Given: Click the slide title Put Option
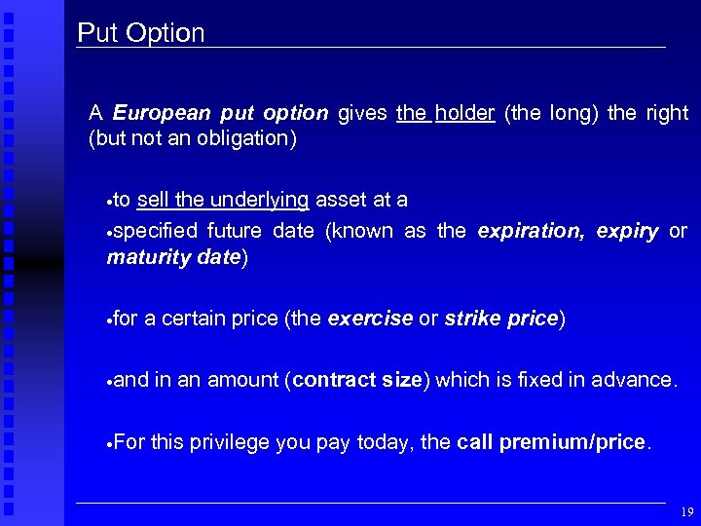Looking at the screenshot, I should (141, 33).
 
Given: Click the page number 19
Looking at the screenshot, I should (687, 511).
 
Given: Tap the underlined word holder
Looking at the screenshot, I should (465, 114).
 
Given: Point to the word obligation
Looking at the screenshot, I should (243, 138).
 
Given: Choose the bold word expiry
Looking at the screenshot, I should (627, 232).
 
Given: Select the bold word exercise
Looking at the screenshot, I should (371, 319).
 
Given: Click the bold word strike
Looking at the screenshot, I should (473, 319).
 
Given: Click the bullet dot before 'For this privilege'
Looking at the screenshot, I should (109, 444).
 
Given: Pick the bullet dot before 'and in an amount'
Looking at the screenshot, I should (109, 381).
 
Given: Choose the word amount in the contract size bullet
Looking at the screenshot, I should (243, 380).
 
